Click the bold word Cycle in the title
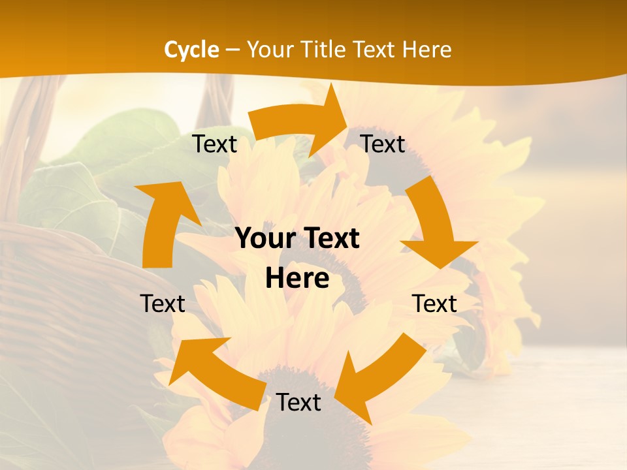coord(191,50)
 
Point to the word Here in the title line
coord(426,50)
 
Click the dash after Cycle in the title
coord(233,50)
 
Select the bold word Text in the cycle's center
coord(330,239)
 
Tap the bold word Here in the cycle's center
coord(297,279)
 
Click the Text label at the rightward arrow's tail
coord(215,144)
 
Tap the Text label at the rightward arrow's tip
coord(383,144)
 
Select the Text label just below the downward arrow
coord(434,304)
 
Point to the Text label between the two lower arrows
coord(298,403)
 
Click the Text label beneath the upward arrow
coord(163,304)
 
